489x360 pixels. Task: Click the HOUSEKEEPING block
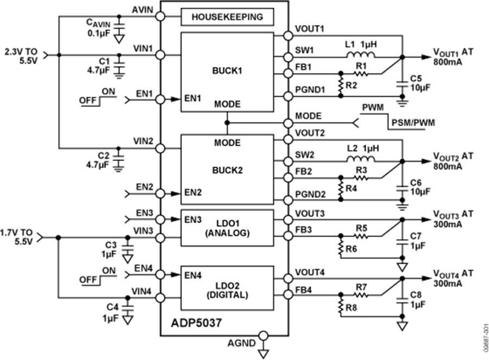tap(227, 17)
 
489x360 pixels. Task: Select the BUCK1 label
tap(227, 70)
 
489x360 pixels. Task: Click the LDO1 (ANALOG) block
tap(227, 225)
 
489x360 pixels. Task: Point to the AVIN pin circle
tap(161, 17)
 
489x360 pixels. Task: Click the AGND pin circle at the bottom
tap(264, 336)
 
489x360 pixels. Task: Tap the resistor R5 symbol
tap(361, 235)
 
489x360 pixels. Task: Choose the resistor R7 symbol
tap(361, 295)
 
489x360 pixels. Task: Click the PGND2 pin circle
tap(287, 199)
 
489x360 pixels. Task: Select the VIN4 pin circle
tap(161, 297)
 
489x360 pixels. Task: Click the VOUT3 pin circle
tap(287, 219)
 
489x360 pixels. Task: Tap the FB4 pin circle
tap(287, 295)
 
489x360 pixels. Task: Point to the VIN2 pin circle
tap(161, 147)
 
